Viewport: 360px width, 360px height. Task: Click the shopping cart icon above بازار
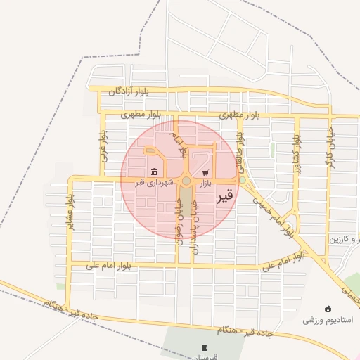coord(205,172)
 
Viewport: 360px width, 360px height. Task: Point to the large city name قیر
coord(222,197)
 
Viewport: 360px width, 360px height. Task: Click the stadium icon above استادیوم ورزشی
coord(328,309)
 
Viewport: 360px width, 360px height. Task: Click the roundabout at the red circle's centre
coord(186,181)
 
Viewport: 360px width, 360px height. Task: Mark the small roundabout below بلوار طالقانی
coord(243,180)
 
